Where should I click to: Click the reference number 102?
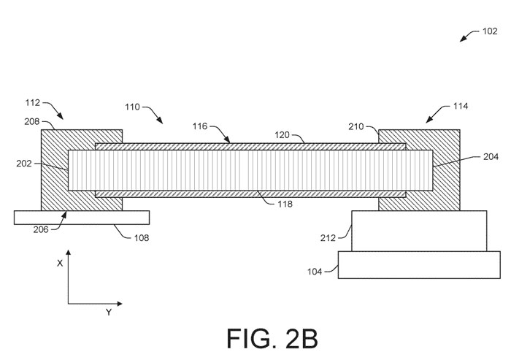click(x=490, y=31)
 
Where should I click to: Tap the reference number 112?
click(x=33, y=103)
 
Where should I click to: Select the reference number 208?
click(x=31, y=122)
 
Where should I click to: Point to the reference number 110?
click(x=132, y=107)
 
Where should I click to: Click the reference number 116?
click(x=200, y=126)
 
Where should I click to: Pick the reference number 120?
click(x=282, y=134)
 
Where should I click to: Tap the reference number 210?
click(x=356, y=126)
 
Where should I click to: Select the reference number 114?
click(x=461, y=106)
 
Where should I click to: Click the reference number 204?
click(x=491, y=157)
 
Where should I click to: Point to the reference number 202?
click(x=24, y=164)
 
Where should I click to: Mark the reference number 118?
click(x=285, y=204)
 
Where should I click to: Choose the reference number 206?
click(x=41, y=229)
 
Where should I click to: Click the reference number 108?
click(x=142, y=238)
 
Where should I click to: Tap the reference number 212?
click(x=328, y=238)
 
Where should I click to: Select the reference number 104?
click(x=315, y=272)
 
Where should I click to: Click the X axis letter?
click(x=60, y=264)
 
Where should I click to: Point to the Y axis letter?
click(x=109, y=313)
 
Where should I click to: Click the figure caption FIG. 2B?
click(x=272, y=339)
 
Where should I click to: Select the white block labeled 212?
click(x=419, y=231)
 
